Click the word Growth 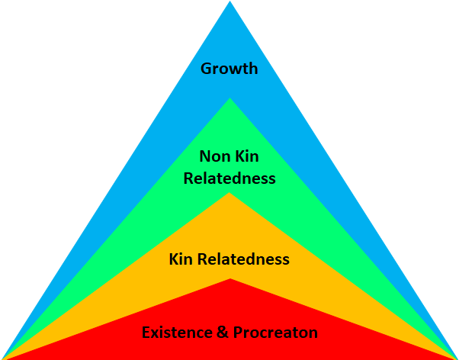pos(229,69)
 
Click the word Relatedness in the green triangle pos(229,179)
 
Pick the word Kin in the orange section pos(181,259)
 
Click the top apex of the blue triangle pos(230,3)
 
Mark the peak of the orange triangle pos(230,194)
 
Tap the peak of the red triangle pos(230,280)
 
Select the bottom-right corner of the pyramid pos(456,358)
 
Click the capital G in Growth pos(206,69)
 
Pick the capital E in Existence pos(146,333)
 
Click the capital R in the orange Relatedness pos(201,259)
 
